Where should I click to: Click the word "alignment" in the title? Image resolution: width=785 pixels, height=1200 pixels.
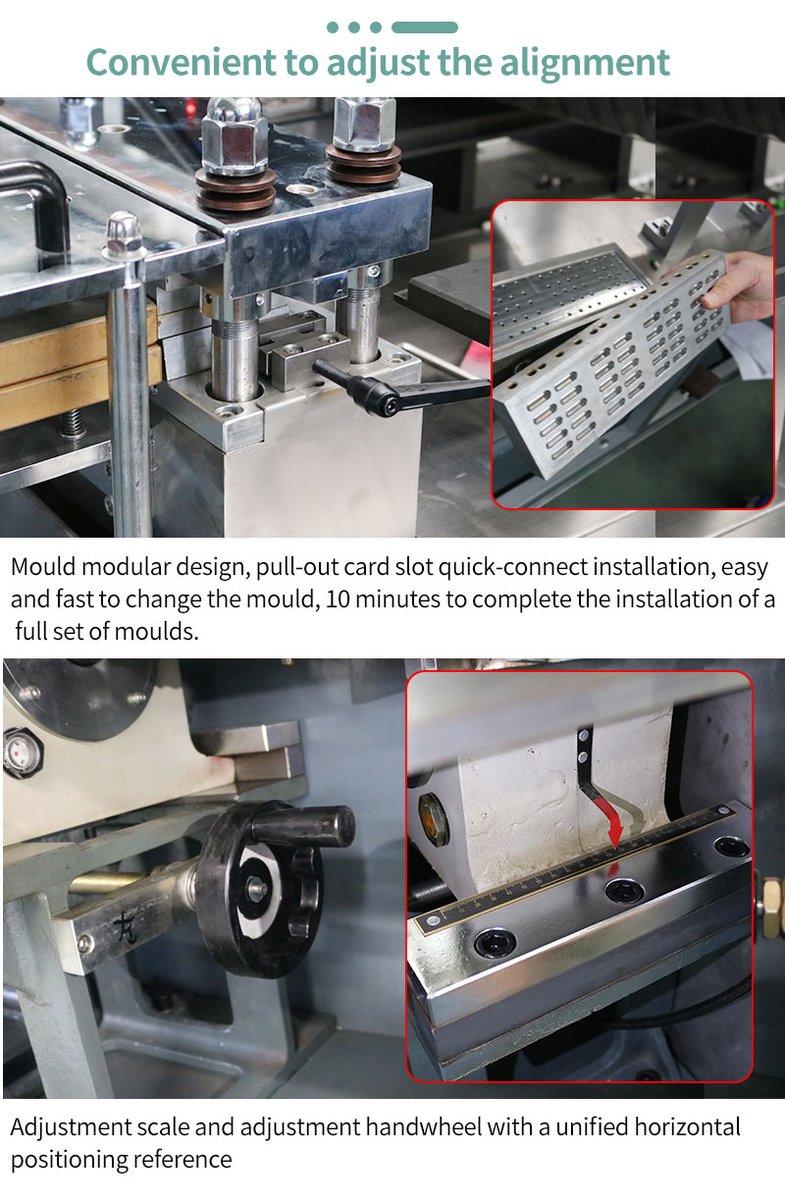tap(585, 63)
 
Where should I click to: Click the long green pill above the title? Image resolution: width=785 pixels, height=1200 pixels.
tap(424, 27)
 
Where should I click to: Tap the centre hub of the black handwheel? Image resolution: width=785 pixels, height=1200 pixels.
tap(257, 889)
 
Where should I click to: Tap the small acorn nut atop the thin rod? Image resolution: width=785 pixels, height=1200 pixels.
tap(125, 232)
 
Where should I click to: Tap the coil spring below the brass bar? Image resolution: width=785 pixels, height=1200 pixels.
tap(75, 422)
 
